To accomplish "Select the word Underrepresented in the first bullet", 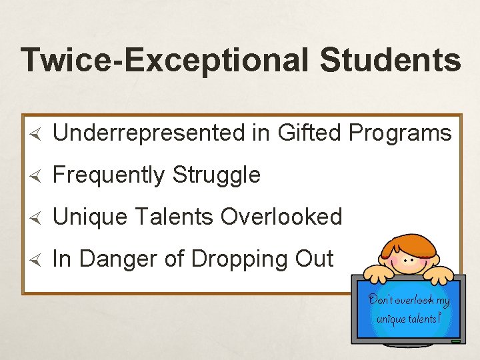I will pyautogui.click(x=149, y=133).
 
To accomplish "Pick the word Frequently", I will pyautogui.click(x=109, y=175).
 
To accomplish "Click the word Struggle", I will pyautogui.click(x=217, y=175).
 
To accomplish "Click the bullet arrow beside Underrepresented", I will pyautogui.click(x=38, y=134).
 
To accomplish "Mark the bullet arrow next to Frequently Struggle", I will pyautogui.click(x=38, y=176).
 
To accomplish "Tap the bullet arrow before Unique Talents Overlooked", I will pyautogui.click(x=38, y=217).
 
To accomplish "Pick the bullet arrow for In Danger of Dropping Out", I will pyautogui.click(x=38, y=259).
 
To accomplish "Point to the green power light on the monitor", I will pyautogui.click(x=456, y=341).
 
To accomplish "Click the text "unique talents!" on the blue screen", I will pyautogui.click(x=409, y=319).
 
